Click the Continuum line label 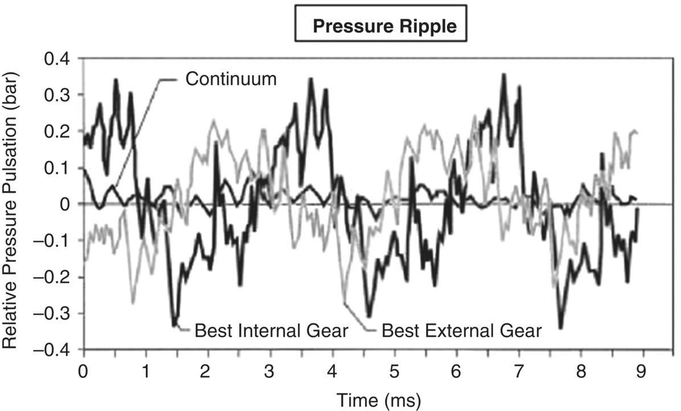(231, 79)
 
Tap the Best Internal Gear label (271, 331)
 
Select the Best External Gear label (461, 331)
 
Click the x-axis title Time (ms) (379, 400)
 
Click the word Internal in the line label (267, 331)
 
